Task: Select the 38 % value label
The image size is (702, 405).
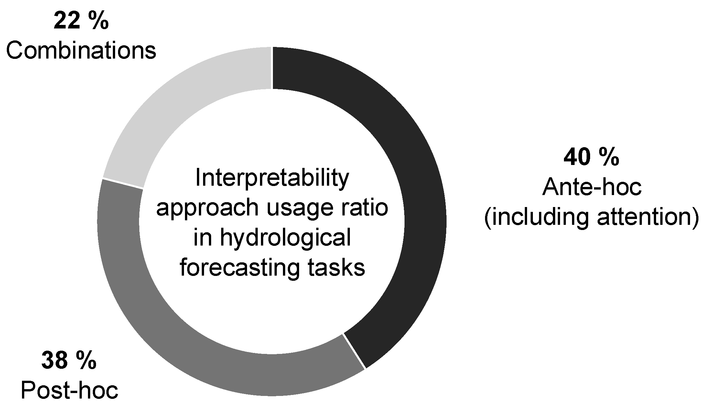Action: pyautogui.click(x=69, y=361)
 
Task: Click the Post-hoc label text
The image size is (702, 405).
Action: pyautogui.click(x=69, y=391)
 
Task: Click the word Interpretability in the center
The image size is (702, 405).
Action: pyautogui.click(x=272, y=180)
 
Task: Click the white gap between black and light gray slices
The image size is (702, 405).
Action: pyautogui.click(x=272, y=68)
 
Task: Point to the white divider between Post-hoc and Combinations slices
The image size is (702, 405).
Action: pyautogui.click(x=123, y=183)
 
